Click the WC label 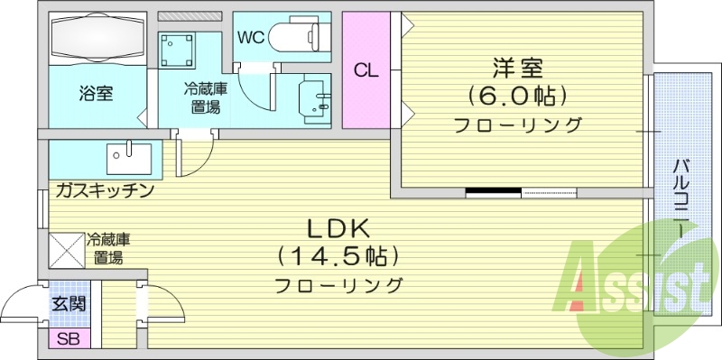250,37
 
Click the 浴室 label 96,93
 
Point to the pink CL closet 365,71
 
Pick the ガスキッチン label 105,190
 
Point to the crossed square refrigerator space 67,249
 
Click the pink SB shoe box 68,340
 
